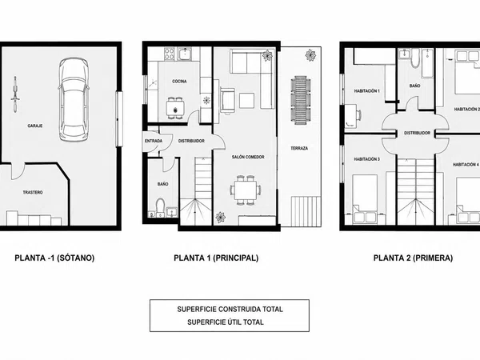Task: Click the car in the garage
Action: point(74,100)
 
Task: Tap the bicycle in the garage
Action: point(14,94)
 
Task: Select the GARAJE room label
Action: point(35,126)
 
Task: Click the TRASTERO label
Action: point(33,193)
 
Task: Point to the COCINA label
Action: point(179,82)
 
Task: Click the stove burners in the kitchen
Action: point(170,54)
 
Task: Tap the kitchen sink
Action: point(185,54)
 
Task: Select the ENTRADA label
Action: point(154,141)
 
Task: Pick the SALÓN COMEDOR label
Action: point(248,157)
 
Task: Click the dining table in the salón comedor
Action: point(246,190)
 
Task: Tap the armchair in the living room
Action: point(227,98)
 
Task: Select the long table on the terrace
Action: point(301,100)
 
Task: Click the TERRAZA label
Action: point(299,149)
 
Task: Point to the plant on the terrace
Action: point(310,55)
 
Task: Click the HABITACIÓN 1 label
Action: point(367,91)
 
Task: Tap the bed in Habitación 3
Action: point(364,198)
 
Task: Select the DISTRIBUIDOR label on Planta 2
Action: point(417,133)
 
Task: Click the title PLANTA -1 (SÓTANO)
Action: point(54,258)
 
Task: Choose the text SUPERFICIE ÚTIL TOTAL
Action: point(226,322)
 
